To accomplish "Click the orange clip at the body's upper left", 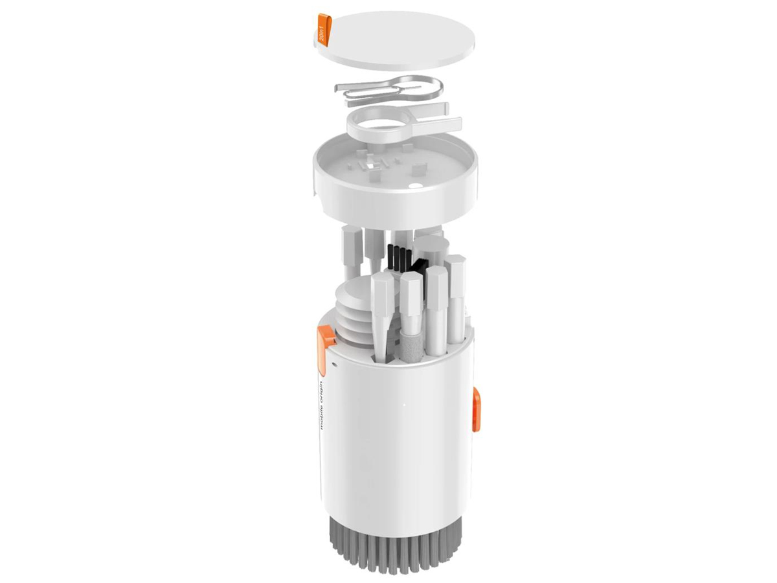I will point(326,337).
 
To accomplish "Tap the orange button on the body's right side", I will point(477,409).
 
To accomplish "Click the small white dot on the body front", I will point(404,407).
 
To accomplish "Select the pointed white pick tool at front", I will point(381,311).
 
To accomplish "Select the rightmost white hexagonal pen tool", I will point(455,285).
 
